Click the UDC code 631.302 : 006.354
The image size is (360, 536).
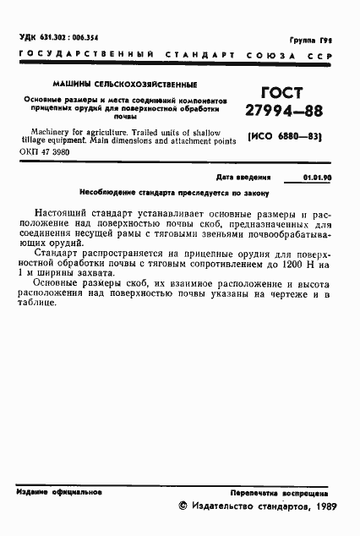click(x=59, y=38)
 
